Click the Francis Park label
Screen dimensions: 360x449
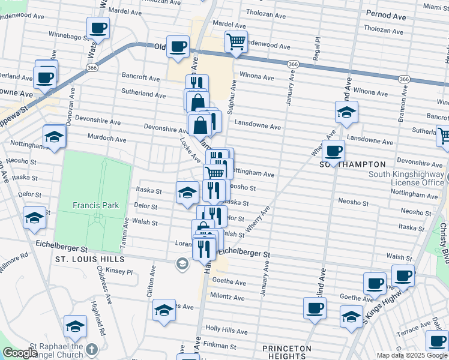click(x=95, y=205)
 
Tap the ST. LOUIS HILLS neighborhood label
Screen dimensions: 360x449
click(x=89, y=259)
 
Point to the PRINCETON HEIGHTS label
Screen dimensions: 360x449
click(x=287, y=352)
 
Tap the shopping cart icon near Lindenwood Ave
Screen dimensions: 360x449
click(x=236, y=41)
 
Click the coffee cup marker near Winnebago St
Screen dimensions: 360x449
click(x=98, y=27)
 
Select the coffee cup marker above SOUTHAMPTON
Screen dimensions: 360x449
click(x=333, y=150)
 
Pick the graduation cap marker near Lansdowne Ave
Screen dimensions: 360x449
click(x=346, y=112)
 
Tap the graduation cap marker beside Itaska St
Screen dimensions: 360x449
click(x=187, y=193)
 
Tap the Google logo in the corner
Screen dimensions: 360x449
click(x=20, y=353)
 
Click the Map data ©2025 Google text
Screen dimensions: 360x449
click(x=411, y=355)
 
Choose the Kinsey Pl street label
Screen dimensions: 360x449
click(x=120, y=272)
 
